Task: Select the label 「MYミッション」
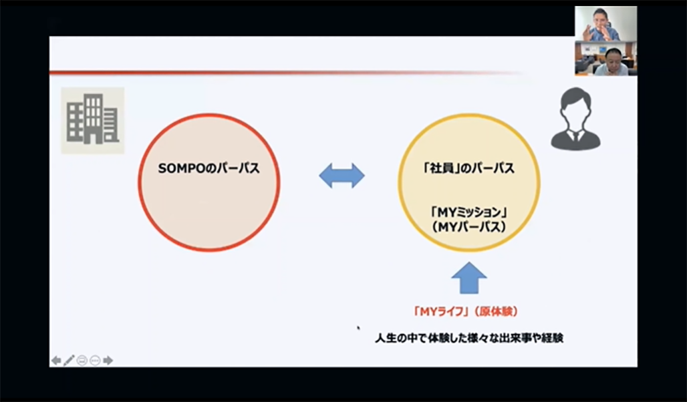click(469, 213)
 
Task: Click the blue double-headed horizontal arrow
click(341, 176)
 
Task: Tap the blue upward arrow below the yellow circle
click(469, 278)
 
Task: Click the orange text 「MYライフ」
click(440, 312)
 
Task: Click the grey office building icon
click(92, 119)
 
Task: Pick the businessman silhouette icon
click(575, 119)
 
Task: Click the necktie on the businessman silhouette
click(575, 137)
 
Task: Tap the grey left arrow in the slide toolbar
click(56, 361)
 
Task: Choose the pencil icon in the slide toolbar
click(69, 361)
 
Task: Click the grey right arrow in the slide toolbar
click(108, 361)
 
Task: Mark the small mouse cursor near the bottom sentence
click(358, 327)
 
